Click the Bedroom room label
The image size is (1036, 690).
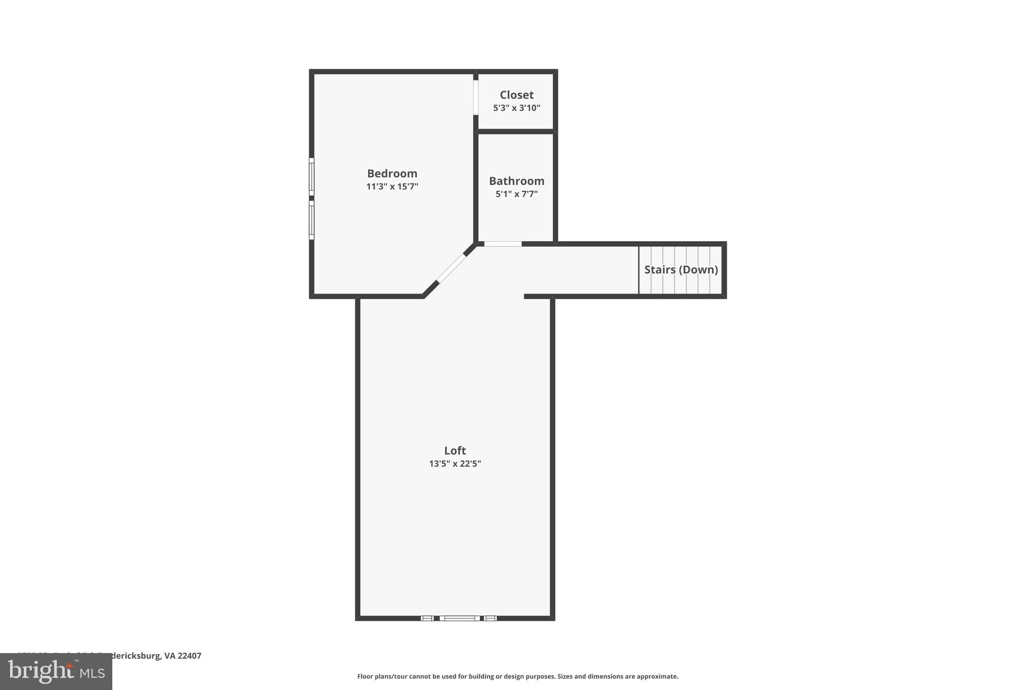click(392, 173)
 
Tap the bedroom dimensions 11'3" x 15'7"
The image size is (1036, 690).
click(392, 187)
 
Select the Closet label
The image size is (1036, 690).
click(516, 95)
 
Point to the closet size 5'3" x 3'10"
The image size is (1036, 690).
click(516, 108)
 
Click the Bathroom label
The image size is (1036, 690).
click(516, 181)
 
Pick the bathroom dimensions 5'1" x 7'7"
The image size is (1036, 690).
click(516, 194)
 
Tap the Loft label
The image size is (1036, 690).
click(455, 450)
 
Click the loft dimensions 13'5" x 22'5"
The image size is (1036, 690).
click(455, 464)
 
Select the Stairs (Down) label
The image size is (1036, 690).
click(681, 269)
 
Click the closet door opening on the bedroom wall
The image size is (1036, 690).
click(476, 98)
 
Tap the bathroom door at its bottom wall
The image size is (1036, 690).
click(503, 244)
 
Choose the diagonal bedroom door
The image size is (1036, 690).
click(451, 268)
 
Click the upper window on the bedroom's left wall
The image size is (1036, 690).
click(312, 176)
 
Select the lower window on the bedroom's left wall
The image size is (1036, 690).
click(312, 220)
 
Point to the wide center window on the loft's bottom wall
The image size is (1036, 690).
click(459, 618)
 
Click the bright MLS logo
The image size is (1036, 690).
click(56, 671)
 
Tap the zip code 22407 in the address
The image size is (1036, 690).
click(189, 656)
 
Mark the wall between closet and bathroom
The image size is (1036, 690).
click(515, 131)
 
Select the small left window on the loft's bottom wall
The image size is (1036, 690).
click(427, 618)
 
